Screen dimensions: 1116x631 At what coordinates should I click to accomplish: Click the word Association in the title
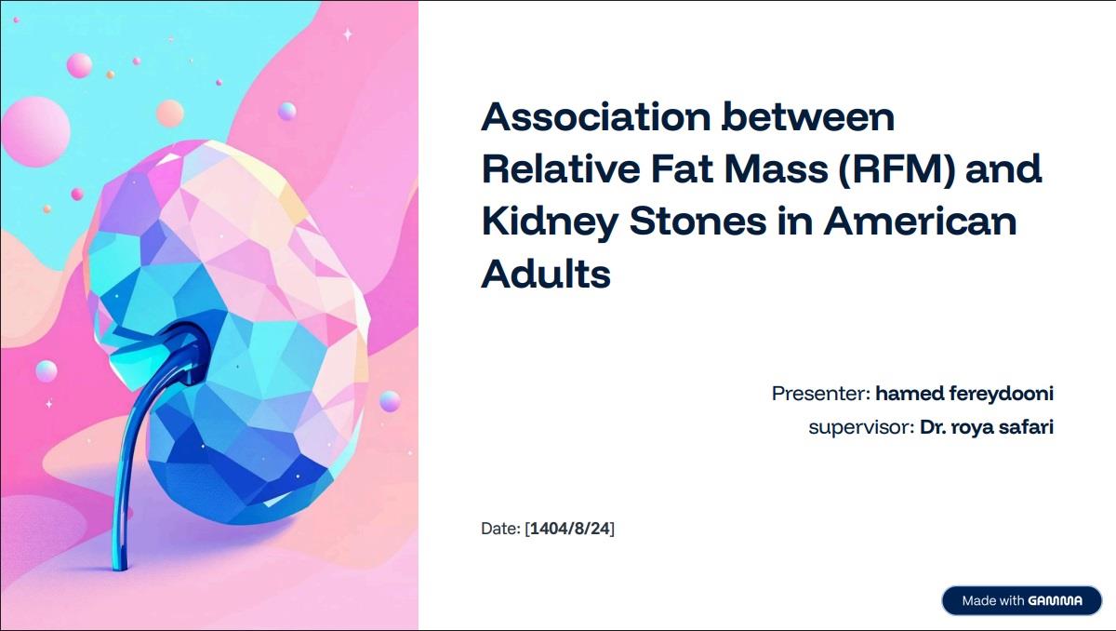coord(596,116)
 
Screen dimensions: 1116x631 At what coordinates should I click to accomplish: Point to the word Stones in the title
coord(698,222)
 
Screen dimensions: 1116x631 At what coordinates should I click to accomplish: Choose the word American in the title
coord(920,222)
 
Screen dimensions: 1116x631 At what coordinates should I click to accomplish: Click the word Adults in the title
coord(546,274)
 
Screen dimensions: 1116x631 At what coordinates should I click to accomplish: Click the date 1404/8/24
coord(570,529)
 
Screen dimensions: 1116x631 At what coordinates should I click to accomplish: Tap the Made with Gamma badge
coord(1022,600)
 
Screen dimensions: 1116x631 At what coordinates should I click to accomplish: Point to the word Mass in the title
coord(776,169)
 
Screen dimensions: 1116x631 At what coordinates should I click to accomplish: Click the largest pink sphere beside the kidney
coord(36,131)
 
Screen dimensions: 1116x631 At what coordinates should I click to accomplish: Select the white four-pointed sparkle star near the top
coord(348,34)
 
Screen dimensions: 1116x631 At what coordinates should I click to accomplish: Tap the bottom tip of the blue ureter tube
coord(120,570)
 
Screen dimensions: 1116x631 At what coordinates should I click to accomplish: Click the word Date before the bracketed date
coord(500,529)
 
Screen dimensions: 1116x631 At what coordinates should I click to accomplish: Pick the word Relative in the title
coord(561,169)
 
